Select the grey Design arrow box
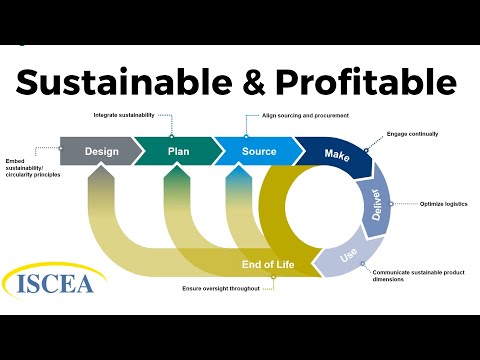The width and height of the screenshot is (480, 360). [x=100, y=152]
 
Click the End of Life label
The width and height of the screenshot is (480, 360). [x=267, y=264]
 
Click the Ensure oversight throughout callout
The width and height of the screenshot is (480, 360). [x=222, y=288]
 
